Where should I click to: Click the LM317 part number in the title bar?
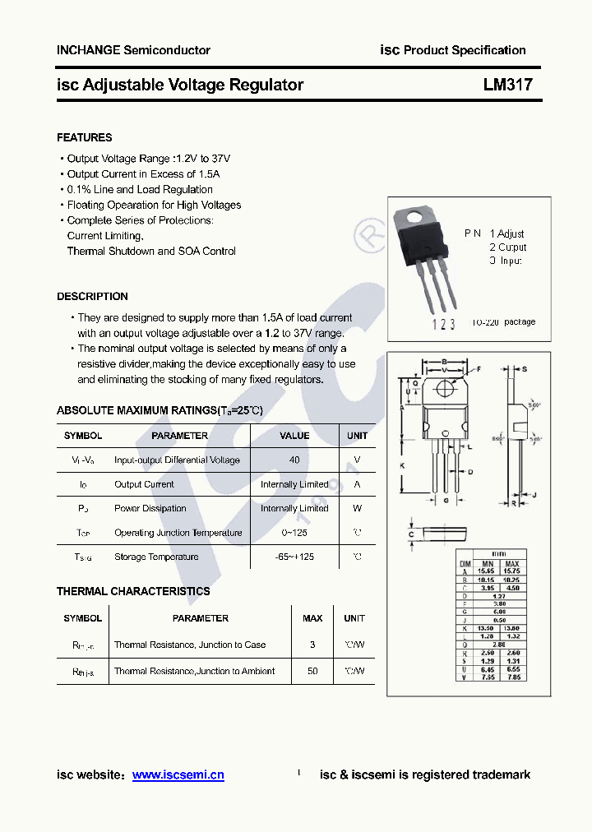click(x=507, y=85)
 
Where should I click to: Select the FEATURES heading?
click(x=85, y=137)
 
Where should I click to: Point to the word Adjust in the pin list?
click(x=511, y=233)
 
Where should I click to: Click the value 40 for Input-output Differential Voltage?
click(x=294, y=460)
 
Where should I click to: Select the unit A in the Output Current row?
click(x=357, y=484)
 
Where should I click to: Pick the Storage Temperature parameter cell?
click(x=156, y=557)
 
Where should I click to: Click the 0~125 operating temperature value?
click(x=294, y=533)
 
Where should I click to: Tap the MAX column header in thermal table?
click(x=312, y=618)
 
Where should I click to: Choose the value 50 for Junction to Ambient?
click(x=312, y=672)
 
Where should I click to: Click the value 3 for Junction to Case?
click(x=312, y=645)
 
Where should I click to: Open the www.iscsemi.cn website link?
click(x=178, y=775)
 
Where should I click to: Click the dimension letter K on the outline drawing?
click(x=402, y=466)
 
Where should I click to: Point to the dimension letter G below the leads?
click(x=445, y=501)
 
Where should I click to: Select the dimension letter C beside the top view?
click(x=410, y=535)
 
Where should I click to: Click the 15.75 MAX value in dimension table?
click(x=511, y=571)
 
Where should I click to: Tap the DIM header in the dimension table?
click(x=465, y=563)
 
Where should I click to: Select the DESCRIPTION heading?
click(x=92, y=296)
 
